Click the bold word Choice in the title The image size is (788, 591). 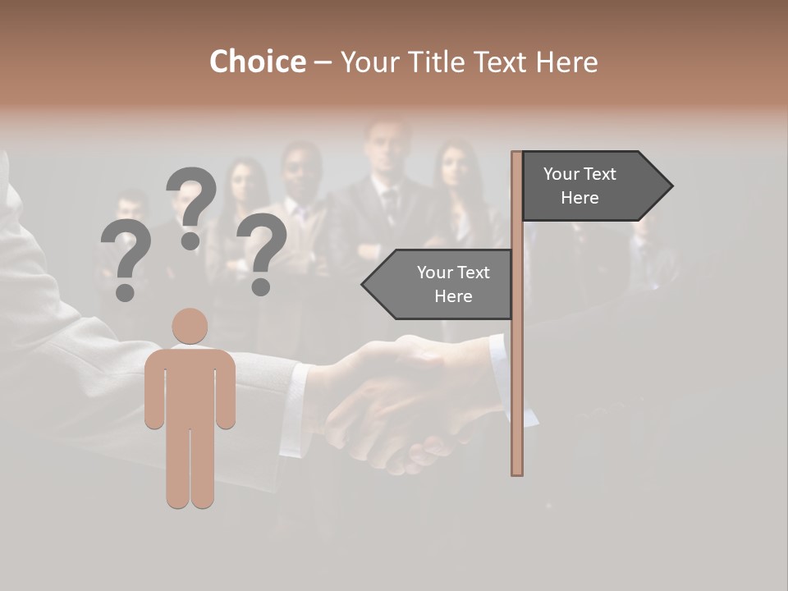pos(257,62)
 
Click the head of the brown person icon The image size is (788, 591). pos(190,326)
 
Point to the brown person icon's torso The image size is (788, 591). pos(190,386)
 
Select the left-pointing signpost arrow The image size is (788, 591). pos(439,284)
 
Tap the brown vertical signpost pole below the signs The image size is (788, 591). pos(517,394)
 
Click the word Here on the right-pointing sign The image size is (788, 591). pos(580,198)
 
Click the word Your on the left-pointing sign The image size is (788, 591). pos(434,273)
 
